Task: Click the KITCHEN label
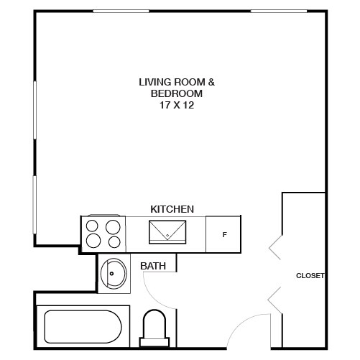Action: coord(172,209)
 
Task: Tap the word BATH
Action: coord(153,266)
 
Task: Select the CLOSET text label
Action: coord(310,275)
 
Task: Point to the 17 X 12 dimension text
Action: coord(177,104)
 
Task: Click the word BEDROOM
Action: coord(177,93)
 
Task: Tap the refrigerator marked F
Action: coord(224,234)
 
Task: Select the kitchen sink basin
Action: coord(167,232)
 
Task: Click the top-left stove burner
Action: coord(93,226)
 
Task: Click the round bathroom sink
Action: coord(114,273)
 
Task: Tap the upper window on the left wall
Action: coord(34,115)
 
